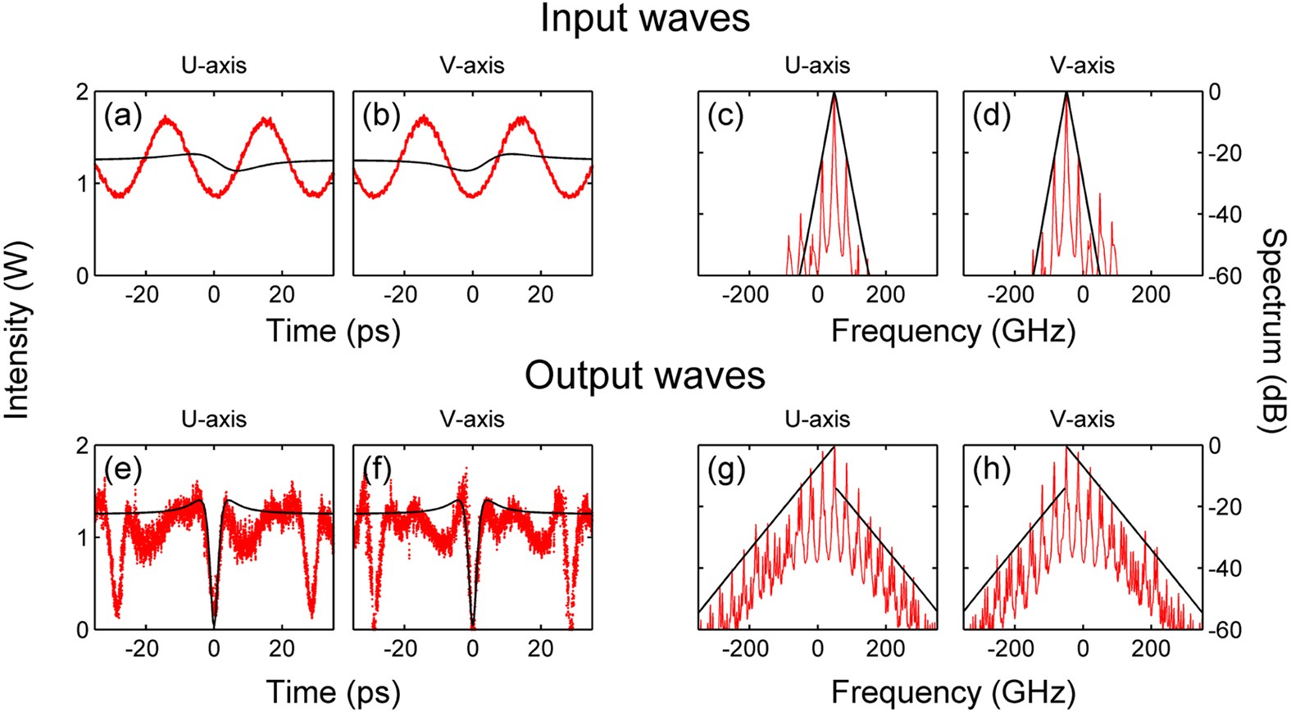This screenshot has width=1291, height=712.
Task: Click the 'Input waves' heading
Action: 645,19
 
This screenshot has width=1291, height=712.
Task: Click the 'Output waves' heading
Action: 645,375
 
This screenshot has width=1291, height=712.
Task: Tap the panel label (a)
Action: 123,116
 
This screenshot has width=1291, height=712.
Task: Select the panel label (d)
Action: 992,116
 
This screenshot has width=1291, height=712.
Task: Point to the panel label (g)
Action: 726,469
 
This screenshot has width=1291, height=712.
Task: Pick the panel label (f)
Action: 376,469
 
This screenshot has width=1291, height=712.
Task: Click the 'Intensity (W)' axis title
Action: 16,329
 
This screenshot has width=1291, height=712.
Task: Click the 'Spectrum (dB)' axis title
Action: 1273,329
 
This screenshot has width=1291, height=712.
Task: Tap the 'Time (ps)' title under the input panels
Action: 333,331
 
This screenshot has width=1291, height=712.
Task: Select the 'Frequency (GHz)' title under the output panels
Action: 952,693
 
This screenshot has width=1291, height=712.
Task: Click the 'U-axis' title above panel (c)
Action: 817,66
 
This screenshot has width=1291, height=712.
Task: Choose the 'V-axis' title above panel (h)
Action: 1082,419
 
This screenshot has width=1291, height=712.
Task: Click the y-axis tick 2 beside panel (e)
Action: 82,447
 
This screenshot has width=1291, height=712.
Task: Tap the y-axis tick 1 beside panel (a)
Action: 82,184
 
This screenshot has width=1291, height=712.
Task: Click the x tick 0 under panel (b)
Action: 472,294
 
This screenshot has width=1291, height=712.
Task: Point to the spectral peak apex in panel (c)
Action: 834,93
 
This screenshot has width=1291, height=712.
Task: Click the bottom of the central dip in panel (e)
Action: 214,625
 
